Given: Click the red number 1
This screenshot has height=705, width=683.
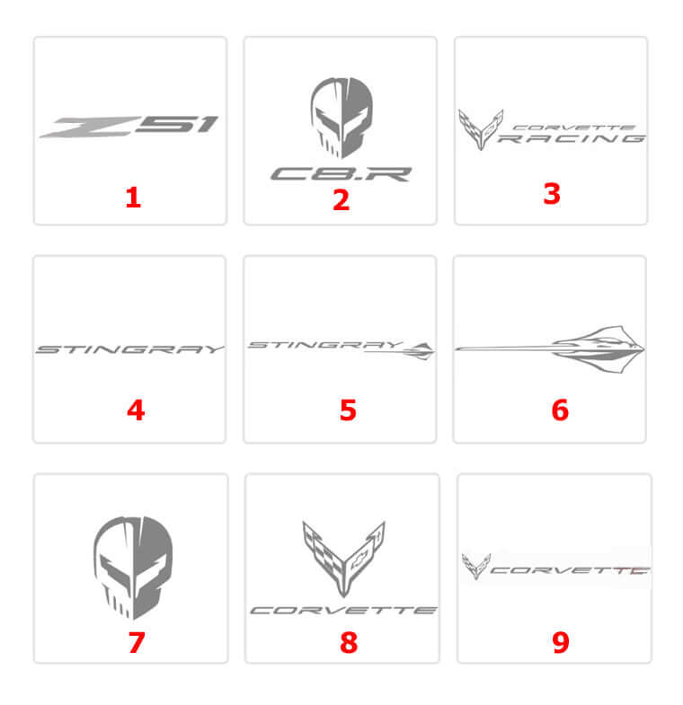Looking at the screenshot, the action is (133, 198).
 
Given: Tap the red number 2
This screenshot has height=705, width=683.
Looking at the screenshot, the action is (341, 200).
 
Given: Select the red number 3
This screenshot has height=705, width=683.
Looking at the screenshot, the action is (552, 194).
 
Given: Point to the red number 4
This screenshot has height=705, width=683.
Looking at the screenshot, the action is (136, 410).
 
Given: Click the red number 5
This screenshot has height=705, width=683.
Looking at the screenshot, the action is (349, 410).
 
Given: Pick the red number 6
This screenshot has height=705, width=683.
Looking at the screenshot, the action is (560, 410).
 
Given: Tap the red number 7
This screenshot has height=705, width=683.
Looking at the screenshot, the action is (137, 642).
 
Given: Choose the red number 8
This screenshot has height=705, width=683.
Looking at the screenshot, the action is (349, 642).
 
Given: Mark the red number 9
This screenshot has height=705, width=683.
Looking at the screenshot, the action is (561, 642).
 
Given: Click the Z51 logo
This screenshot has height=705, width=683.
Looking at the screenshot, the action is (129, 126).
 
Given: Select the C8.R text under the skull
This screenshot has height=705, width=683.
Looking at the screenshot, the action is (341, 174).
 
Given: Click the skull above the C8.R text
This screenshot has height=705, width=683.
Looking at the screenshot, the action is (341, 118).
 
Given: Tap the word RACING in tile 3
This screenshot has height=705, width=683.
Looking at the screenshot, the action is (572, 138).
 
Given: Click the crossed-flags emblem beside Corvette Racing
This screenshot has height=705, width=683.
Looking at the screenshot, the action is (481, 129).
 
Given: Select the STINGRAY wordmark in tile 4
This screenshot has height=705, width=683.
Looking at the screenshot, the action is (129, 349).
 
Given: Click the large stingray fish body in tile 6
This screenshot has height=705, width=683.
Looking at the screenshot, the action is (599, 348).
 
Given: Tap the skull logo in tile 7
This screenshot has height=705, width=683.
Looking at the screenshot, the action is (133, 568).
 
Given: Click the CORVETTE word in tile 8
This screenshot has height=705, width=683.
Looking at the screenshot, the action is (343, 610).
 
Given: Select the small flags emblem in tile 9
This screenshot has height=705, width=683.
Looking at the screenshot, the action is (475, 566).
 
